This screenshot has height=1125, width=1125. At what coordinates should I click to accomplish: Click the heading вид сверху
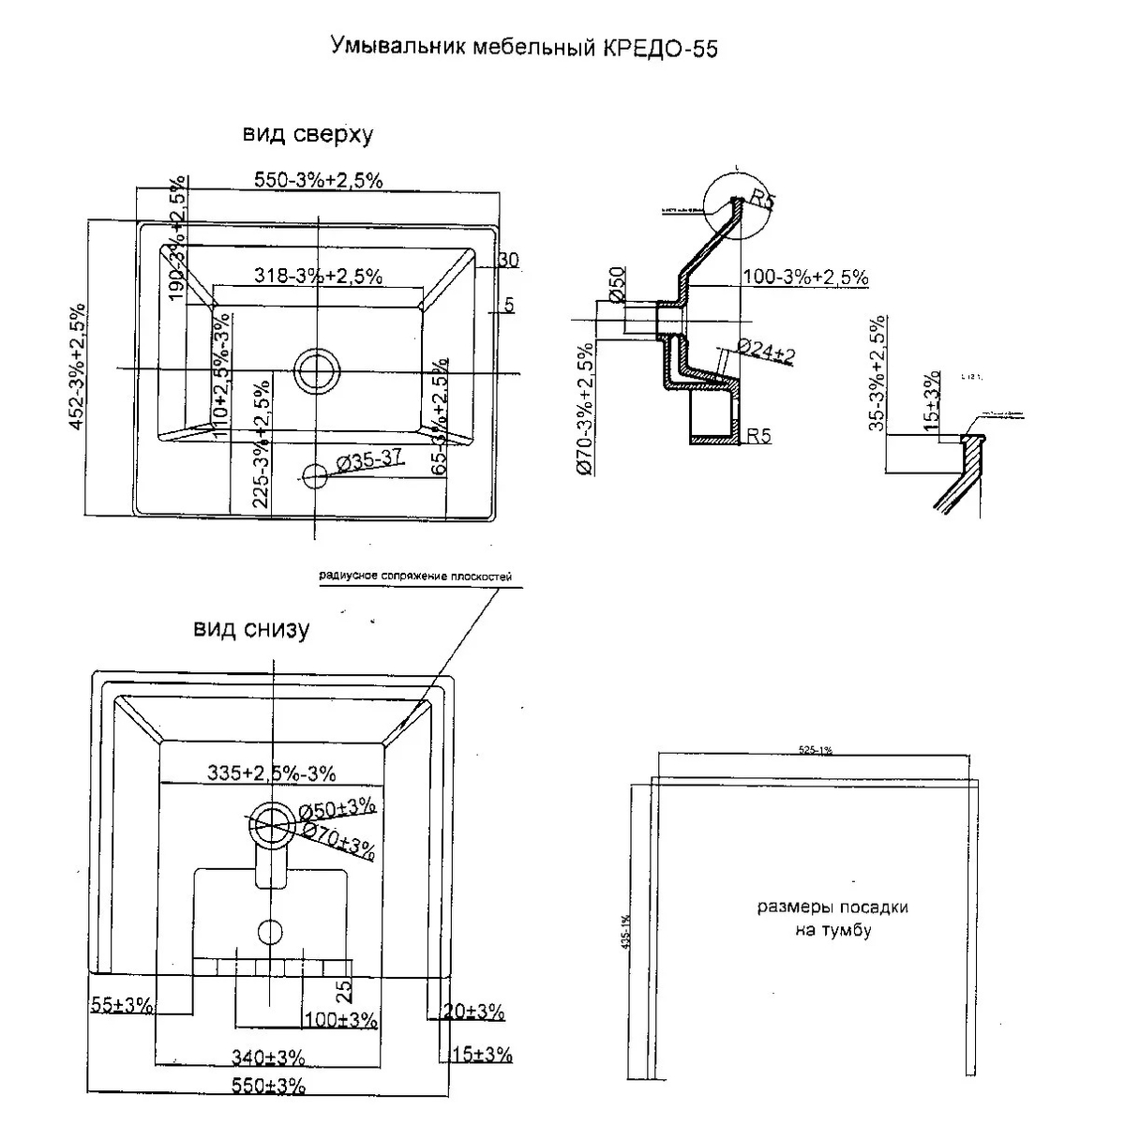click(x=308, y=135)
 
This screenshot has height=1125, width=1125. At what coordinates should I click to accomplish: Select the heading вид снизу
click(x=251, y=629)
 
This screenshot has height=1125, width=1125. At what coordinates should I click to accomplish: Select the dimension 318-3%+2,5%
click(x=318, y=276)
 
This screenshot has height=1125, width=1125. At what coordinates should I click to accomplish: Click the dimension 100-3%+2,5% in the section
click(x=804, y=277)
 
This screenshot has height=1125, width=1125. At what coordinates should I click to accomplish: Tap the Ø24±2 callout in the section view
click(x=765, y=351)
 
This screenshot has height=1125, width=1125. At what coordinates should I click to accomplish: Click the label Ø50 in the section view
click(x=617, y=283)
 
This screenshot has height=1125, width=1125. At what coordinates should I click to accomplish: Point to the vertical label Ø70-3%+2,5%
click(x=584, y=410)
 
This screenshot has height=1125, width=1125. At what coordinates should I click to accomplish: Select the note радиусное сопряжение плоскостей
click(x=415, y=577)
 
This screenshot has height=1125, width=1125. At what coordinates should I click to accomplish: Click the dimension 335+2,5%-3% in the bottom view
click(x=270, y=772)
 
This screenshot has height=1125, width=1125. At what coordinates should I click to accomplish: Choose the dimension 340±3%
click(x=268, y=1057)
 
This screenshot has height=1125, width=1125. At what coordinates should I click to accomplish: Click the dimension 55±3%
click(x=121, y=1005)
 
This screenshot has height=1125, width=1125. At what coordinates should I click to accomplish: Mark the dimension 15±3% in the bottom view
click(x=481, y=1055)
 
